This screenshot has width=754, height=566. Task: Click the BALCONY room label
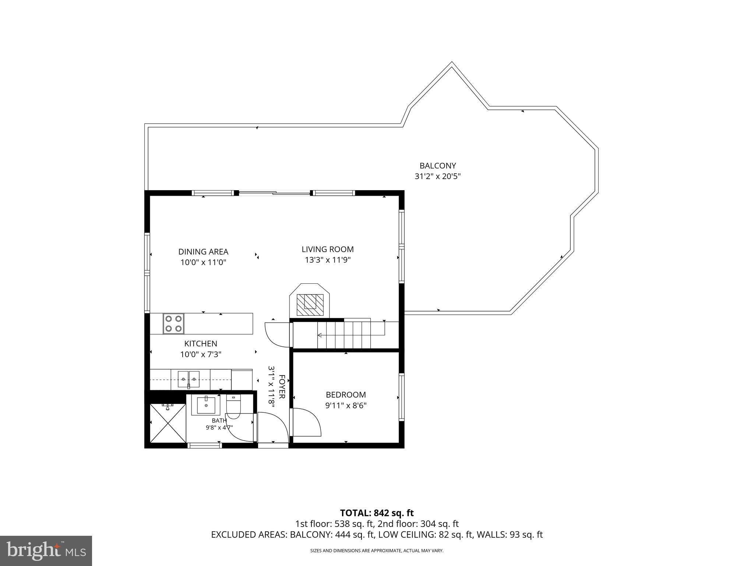(438, 166)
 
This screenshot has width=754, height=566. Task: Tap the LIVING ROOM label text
(328, 249)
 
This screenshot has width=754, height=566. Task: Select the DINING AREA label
(203, 252)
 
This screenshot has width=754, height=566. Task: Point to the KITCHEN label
(201, 344)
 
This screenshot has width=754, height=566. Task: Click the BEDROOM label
(346, 395)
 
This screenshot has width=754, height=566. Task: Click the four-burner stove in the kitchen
(174, 324)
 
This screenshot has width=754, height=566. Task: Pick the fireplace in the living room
(310, 300)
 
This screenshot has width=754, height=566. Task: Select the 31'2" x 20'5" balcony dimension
(438, 177)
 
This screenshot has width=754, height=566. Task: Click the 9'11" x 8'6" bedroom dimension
(346, 406)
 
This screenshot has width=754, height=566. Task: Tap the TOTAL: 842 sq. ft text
(377, 513)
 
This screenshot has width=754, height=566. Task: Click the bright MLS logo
(46, 551)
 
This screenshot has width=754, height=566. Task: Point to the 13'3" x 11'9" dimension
(328, 260)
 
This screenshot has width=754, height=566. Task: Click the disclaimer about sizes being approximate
(377, 551)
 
